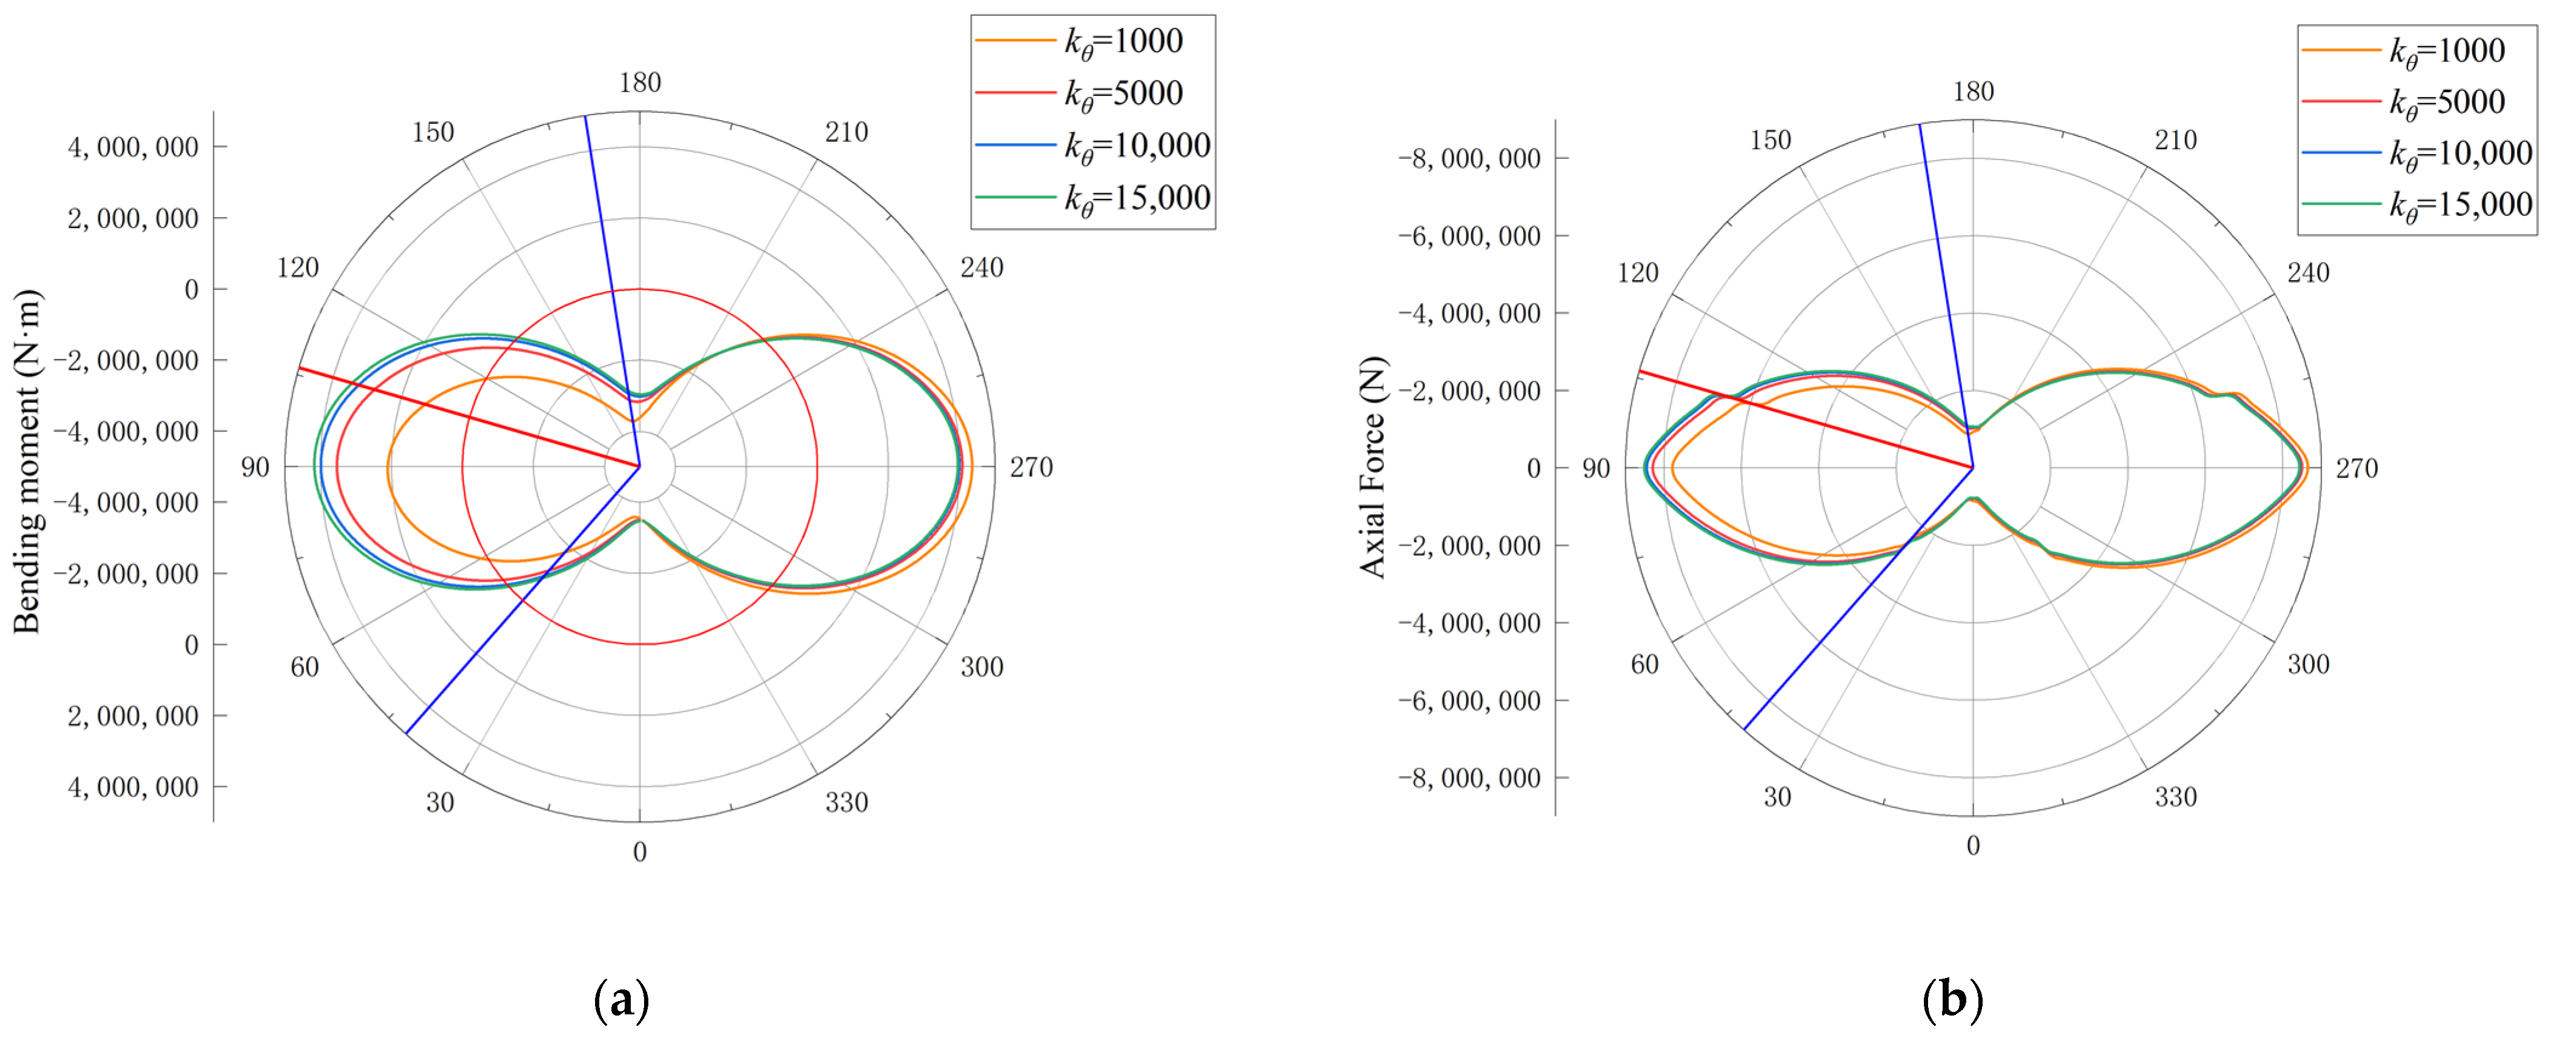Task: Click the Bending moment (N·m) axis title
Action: pos(27,461)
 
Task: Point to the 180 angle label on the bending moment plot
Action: pos(640,82)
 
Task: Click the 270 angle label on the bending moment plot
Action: pos(1031,467)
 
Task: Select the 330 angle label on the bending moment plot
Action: pos(846,802)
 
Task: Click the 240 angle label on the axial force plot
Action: pos(2307,272)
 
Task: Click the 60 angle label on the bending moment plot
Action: pos(304,666)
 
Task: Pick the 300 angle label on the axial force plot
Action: pos(2307,664)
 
